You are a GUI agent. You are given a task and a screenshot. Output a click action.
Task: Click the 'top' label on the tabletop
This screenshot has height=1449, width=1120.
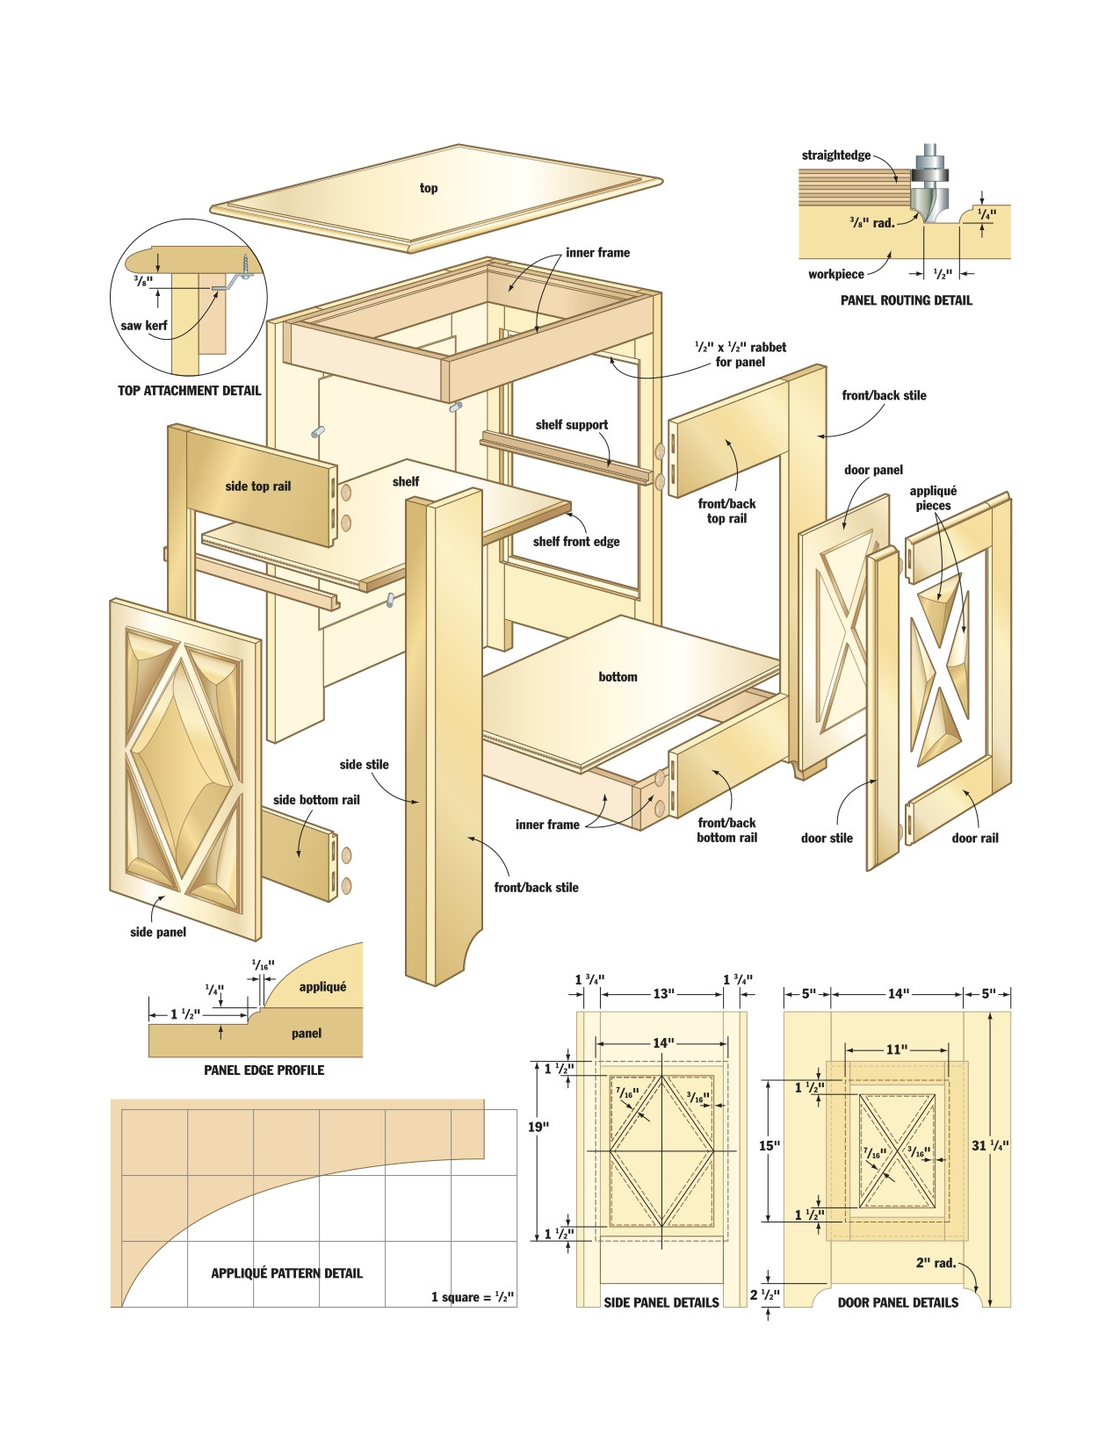(429, 188)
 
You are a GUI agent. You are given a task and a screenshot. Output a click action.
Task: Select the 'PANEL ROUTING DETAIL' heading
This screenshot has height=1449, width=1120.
(906, 300)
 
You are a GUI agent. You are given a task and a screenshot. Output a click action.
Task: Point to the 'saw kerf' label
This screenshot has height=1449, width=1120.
(144, 326)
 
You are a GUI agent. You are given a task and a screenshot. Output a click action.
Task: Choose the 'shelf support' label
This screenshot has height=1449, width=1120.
(572, 425)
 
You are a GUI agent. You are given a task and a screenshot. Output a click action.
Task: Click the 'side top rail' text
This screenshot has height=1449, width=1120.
(257, 487)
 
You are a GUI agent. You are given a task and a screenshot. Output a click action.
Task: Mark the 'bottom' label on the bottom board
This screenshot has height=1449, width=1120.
(618, 677)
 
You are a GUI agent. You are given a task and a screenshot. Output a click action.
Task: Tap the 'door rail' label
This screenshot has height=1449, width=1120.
(975, 838)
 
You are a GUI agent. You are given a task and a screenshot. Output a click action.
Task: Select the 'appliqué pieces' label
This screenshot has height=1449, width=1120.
(933, 498)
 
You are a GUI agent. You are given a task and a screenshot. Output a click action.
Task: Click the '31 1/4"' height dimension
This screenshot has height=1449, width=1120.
(990, 1145)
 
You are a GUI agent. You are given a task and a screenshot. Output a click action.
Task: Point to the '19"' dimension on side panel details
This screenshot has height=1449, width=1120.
(538, 1127)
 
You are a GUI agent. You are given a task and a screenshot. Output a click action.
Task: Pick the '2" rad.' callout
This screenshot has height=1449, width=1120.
(936, 1263)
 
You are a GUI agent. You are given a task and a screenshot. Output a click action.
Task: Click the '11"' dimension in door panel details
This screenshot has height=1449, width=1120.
(896, 1049)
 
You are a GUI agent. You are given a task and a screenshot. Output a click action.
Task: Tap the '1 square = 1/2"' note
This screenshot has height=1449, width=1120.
(473, 1297)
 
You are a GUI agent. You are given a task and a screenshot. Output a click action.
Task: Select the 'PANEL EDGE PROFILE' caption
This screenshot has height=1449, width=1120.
(264, 1070)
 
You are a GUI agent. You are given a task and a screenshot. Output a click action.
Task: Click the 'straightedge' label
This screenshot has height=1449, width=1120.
(835, 155)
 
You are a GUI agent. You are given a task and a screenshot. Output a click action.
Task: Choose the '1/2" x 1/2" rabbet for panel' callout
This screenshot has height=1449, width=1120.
(740, 354)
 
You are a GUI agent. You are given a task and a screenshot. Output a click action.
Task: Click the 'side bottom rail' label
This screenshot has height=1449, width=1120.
(316, 800)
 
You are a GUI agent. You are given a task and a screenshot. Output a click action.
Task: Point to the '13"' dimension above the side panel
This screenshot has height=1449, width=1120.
(663, 994)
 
